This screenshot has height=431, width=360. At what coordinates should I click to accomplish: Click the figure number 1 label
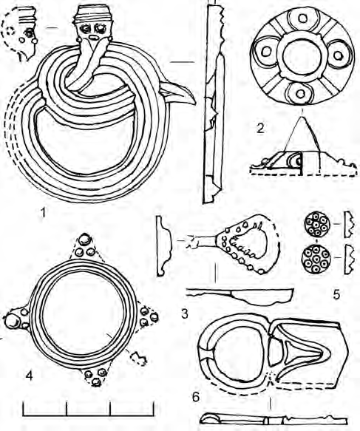coord(43,212)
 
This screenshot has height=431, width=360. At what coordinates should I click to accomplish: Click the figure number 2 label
coord(260,129)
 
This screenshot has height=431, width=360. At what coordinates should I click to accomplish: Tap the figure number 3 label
coord(185,313)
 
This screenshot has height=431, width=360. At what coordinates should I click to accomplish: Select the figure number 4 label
coord(29,376)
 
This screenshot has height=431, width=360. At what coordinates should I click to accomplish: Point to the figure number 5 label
coord(336,295)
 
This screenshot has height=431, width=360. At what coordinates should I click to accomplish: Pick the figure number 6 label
coord(195,397)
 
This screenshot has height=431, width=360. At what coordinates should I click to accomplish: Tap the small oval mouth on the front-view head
coord(93,37)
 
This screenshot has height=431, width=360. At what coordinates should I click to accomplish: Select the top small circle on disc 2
coord(302,18)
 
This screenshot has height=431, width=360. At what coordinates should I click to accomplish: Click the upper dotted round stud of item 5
coord(316,224)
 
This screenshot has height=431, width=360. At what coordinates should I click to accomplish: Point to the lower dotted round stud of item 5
coord(316,258)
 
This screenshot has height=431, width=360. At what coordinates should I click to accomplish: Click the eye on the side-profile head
coord(28,33)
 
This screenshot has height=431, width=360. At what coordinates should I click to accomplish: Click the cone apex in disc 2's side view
coord(302,118)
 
